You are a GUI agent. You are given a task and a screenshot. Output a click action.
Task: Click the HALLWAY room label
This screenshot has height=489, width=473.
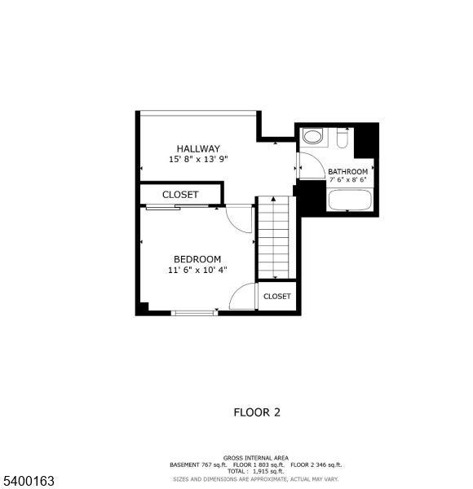(193, 148)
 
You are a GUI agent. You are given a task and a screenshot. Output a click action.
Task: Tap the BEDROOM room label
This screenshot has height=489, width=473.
(197, 259)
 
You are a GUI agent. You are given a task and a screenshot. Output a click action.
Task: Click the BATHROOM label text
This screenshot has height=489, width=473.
(348, 172)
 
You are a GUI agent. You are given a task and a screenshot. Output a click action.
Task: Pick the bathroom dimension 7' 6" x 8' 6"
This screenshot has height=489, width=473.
(348, 180)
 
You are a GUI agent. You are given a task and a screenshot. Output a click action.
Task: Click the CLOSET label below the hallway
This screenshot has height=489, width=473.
(179, 195)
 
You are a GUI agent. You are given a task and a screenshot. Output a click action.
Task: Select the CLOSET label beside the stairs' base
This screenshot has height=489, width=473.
(277, 297)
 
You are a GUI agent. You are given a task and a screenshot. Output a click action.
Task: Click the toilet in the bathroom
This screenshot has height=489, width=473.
(312, 136)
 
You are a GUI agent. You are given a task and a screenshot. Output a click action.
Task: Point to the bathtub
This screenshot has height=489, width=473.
(349, 200)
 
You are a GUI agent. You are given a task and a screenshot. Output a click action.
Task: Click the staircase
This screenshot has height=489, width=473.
(273, 240)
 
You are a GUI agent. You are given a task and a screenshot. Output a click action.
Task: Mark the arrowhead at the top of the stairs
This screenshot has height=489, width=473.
(273, 199)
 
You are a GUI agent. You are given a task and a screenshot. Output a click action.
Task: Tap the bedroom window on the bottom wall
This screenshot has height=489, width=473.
(194, 312)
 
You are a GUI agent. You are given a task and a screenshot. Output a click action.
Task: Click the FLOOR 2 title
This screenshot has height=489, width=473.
(257, 412)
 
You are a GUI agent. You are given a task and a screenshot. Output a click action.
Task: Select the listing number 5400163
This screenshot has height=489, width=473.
(29, 482)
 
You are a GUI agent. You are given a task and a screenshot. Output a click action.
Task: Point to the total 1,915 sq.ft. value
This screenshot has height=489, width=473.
(273, 472)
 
